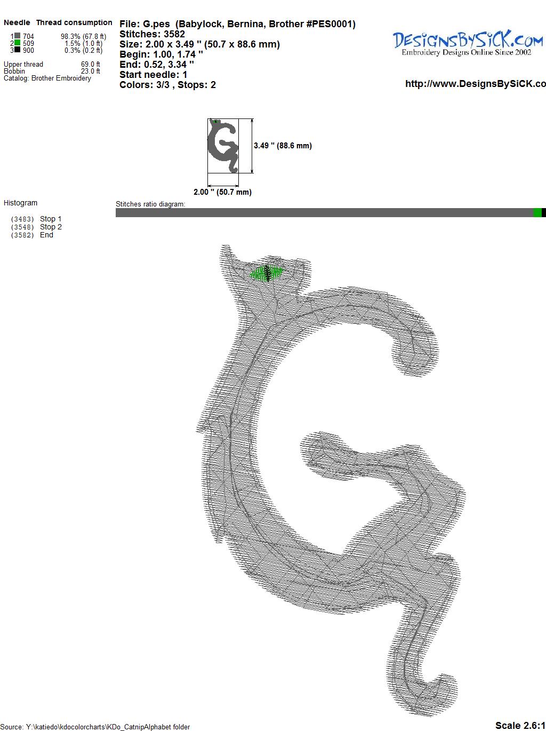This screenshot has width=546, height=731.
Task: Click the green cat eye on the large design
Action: [267, 273]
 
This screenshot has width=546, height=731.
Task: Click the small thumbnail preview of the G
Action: [223, 146]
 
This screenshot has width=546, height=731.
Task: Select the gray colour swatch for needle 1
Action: [17, 36]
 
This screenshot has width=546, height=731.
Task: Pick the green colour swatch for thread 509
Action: [17, 43]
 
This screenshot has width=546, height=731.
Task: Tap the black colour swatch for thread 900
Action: [17, 50]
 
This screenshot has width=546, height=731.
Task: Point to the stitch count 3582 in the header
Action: [174, 34]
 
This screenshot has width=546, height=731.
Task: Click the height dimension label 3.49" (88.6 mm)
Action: [283, 146]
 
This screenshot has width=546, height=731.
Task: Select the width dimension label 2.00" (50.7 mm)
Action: [222, 192]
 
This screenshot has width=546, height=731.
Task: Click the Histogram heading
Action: [20, 203]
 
